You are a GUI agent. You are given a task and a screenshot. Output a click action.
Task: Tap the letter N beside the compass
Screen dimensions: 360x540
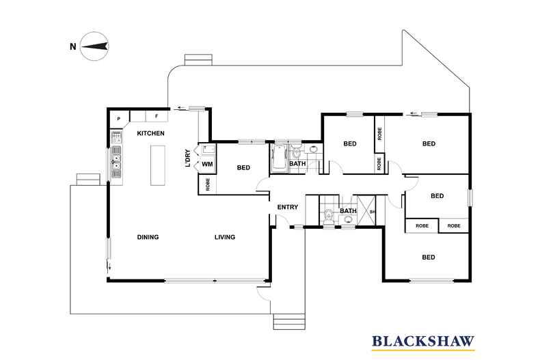[72, 46]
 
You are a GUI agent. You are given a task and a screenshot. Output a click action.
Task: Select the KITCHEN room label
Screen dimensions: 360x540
[151, 133]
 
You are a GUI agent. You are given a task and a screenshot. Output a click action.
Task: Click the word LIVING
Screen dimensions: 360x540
[224, 238]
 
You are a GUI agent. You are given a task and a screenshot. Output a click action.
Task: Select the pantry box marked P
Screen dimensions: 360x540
[119, 118]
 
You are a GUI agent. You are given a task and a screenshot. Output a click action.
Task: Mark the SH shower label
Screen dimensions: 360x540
[373, 212]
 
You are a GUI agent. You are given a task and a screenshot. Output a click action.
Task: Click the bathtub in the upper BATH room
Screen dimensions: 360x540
[280, 158]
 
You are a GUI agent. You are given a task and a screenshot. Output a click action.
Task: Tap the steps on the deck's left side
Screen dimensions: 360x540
[87, 179]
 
